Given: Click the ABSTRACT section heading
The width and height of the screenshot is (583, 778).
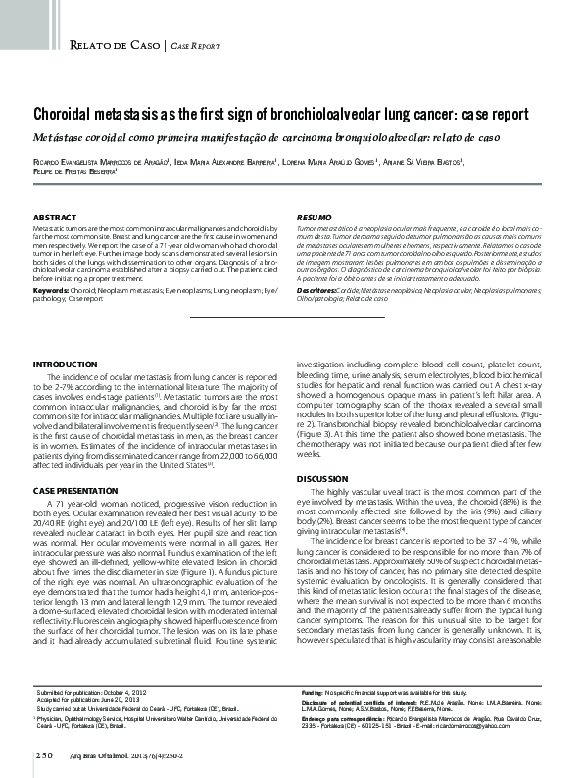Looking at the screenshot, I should pyautogui.click(x=57, y=216).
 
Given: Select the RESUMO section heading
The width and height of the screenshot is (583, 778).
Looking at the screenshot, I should pyautogui.click(x=316, y=216).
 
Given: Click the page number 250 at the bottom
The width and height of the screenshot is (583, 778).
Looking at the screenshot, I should pyautogui.click(x=44, y=754).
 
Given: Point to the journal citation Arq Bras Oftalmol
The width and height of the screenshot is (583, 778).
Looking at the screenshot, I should pyautogui.click(x=109, y=754).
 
